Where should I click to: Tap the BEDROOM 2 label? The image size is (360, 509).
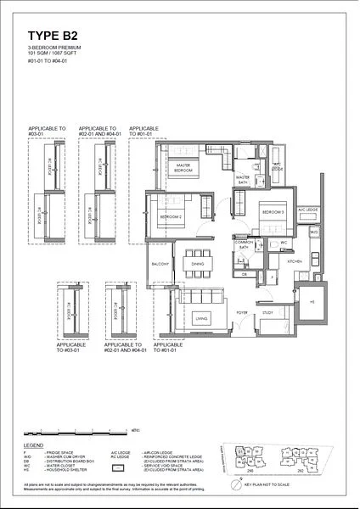[172, 217]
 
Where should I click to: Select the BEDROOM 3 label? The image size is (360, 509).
[273, 211]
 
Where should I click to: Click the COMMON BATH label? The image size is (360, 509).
[245, 245]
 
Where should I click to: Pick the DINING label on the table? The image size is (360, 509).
[197, 265]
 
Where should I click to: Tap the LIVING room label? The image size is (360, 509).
[201, 319]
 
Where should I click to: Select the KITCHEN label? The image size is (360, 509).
[294, 263]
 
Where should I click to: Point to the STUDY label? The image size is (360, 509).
[267, 313]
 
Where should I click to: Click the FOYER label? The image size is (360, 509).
[241, 312]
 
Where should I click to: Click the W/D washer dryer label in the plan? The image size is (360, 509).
[312, 232]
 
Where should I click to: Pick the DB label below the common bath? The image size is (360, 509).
[244, 275]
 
